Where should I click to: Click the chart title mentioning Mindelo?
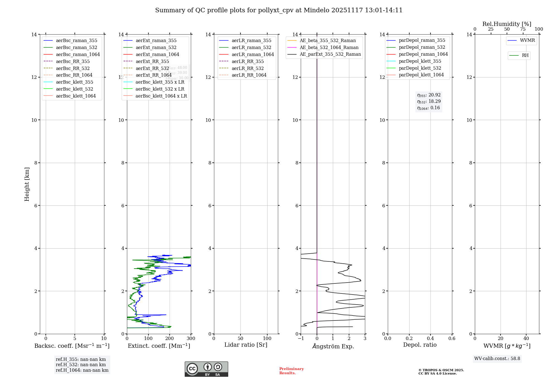tap(279, 10)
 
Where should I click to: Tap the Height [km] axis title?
tap(27, 184)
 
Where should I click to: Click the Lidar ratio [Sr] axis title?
tap(246, 345)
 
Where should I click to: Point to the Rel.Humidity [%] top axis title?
tap(507, 24)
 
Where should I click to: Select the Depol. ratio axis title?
tap(420, 345)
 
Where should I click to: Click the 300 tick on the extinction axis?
tap(191, 339)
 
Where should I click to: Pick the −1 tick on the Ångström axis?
tap(301, 339)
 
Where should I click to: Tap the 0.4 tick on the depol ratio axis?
tap(430, 339)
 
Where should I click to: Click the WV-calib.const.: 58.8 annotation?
tap(497, 359)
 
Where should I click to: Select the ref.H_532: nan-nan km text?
tap(81, 365)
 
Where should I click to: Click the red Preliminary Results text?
tap(291, 371)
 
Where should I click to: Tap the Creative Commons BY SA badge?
tap(206, 369)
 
